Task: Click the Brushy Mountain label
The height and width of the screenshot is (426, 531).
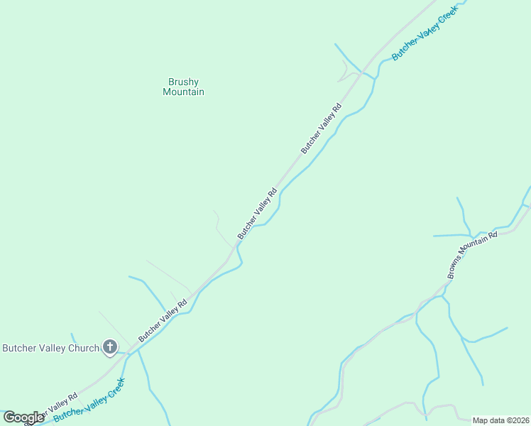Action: tap(183, 87)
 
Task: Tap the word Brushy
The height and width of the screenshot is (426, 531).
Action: tap(183, 82)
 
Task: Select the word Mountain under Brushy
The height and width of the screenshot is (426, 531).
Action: tap(183, 92)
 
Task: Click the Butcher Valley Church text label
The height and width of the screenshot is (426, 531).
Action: tap(50, 348)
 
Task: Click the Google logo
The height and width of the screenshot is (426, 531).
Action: tap(23, 417)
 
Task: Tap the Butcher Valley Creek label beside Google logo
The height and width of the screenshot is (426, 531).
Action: tap(90, 400)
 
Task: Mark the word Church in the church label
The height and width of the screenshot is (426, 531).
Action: tap(82, 348)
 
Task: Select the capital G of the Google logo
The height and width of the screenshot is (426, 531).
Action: tap(9, 417)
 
